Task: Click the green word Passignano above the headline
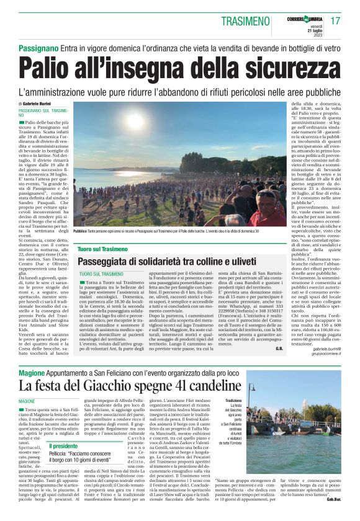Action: [38, 47]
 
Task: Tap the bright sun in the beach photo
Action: [135, 121]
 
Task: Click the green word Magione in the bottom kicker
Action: [32, 373]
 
